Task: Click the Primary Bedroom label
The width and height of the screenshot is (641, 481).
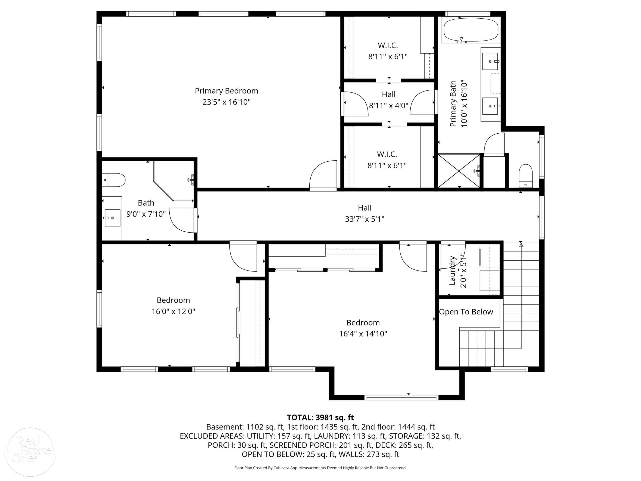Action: [226, 91]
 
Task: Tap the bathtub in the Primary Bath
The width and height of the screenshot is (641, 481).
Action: [471, 30]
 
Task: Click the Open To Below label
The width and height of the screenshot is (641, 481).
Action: [466, 312]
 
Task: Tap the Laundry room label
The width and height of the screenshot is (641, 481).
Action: [452, 270]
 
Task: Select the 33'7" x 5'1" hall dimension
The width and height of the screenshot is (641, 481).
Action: [365, 219]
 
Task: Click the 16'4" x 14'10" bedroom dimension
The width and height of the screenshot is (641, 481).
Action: [363, 334]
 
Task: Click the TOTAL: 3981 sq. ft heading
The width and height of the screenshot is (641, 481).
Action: [320, 418]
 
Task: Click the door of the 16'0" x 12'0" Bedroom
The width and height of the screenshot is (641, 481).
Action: [243, 257]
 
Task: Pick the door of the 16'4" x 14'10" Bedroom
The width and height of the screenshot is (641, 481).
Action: [413, 257]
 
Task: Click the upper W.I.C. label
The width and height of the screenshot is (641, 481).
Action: [388, 46]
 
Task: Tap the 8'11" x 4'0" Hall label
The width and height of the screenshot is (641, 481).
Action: [389, 100]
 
